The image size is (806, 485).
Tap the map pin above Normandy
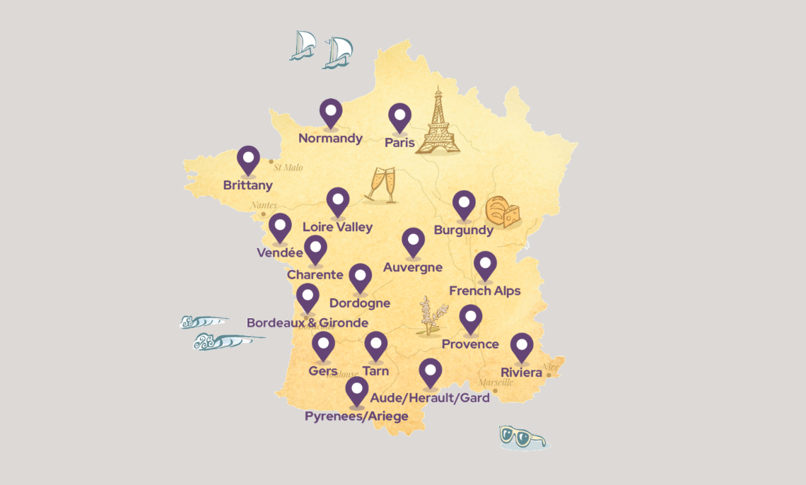[330, 112]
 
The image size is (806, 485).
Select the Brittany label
[247, 185]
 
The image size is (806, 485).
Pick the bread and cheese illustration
[503, 212]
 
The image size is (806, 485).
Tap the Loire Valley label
[337, 227]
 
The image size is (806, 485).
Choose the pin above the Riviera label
[522, 346]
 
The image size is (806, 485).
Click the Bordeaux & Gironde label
[308, 323]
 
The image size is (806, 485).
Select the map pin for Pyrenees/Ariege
[357, 390]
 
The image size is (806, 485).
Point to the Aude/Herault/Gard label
[430, 398]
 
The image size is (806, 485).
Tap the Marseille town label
[496, 382]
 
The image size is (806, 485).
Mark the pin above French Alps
[485, 265]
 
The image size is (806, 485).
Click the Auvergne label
[413, 267]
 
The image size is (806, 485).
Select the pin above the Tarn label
[375, 345]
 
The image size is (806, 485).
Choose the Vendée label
[280, 252]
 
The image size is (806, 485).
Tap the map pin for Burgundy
[464, 204]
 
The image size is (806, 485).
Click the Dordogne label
[360, 303]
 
